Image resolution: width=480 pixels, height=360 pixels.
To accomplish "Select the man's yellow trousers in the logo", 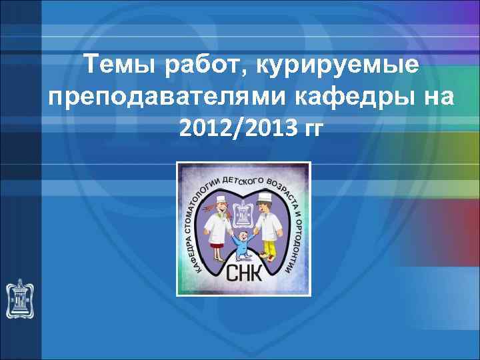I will tap(268, 249).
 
